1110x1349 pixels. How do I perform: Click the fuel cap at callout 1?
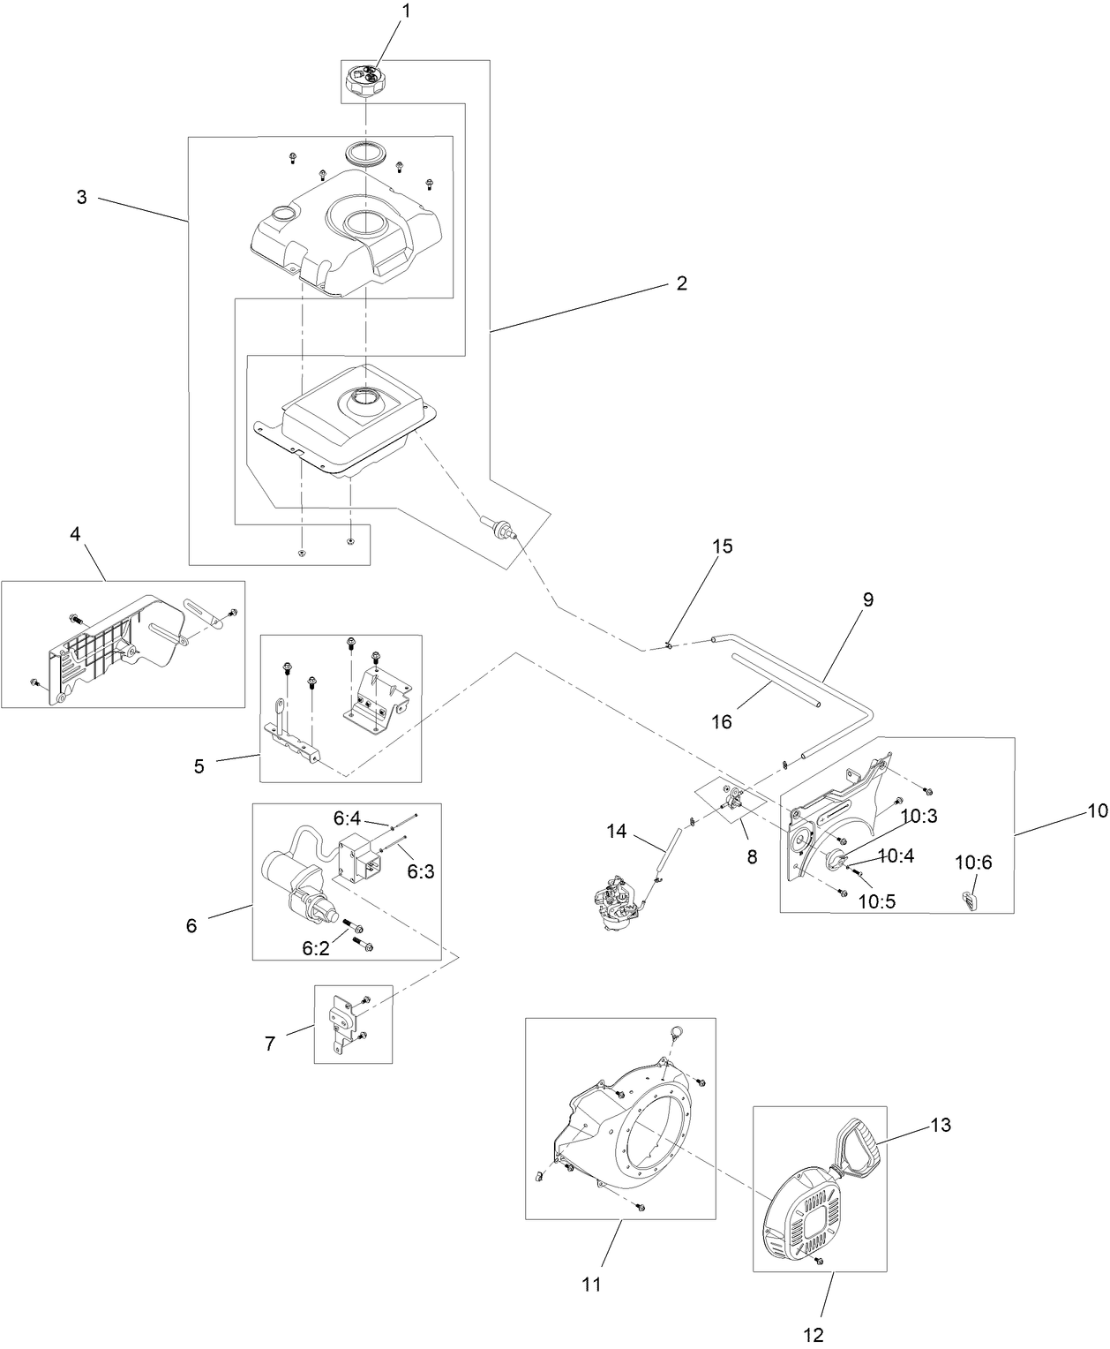coord(364,83)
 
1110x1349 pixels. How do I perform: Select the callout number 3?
coord(81,198)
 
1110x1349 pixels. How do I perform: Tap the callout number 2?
coord(681,283)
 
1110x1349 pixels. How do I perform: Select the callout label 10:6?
coord(974,863)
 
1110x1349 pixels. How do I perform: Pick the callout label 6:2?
coord(316,949)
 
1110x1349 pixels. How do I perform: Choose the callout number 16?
coord(721,721)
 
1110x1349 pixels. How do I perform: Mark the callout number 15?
coord(722,546)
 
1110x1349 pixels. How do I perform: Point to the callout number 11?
coord(591,1285)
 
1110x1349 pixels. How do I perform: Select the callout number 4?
coord(75,534)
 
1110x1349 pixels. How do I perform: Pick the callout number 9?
coord(867,599)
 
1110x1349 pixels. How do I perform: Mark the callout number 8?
coord(752,856)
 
